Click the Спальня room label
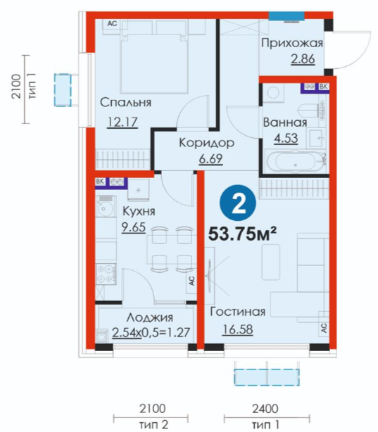point(125,103)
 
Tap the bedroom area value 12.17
point(122,122)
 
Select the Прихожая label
point(291,43)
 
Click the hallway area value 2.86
point(303,59)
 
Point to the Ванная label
point(285,122)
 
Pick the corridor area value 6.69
point(211,159)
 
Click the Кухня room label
point(139,212)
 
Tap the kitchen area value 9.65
point(134,227)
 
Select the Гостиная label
point(238,312)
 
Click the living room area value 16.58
point(237,329)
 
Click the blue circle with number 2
point(238,203)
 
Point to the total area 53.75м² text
point(242,234)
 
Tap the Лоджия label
point(150,317)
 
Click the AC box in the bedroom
point(112,24)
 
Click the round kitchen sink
point(105,208)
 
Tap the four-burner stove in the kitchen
point(106,274)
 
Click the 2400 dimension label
point(265,409)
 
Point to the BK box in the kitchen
point(100,182)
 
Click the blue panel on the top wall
point(286,16)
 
